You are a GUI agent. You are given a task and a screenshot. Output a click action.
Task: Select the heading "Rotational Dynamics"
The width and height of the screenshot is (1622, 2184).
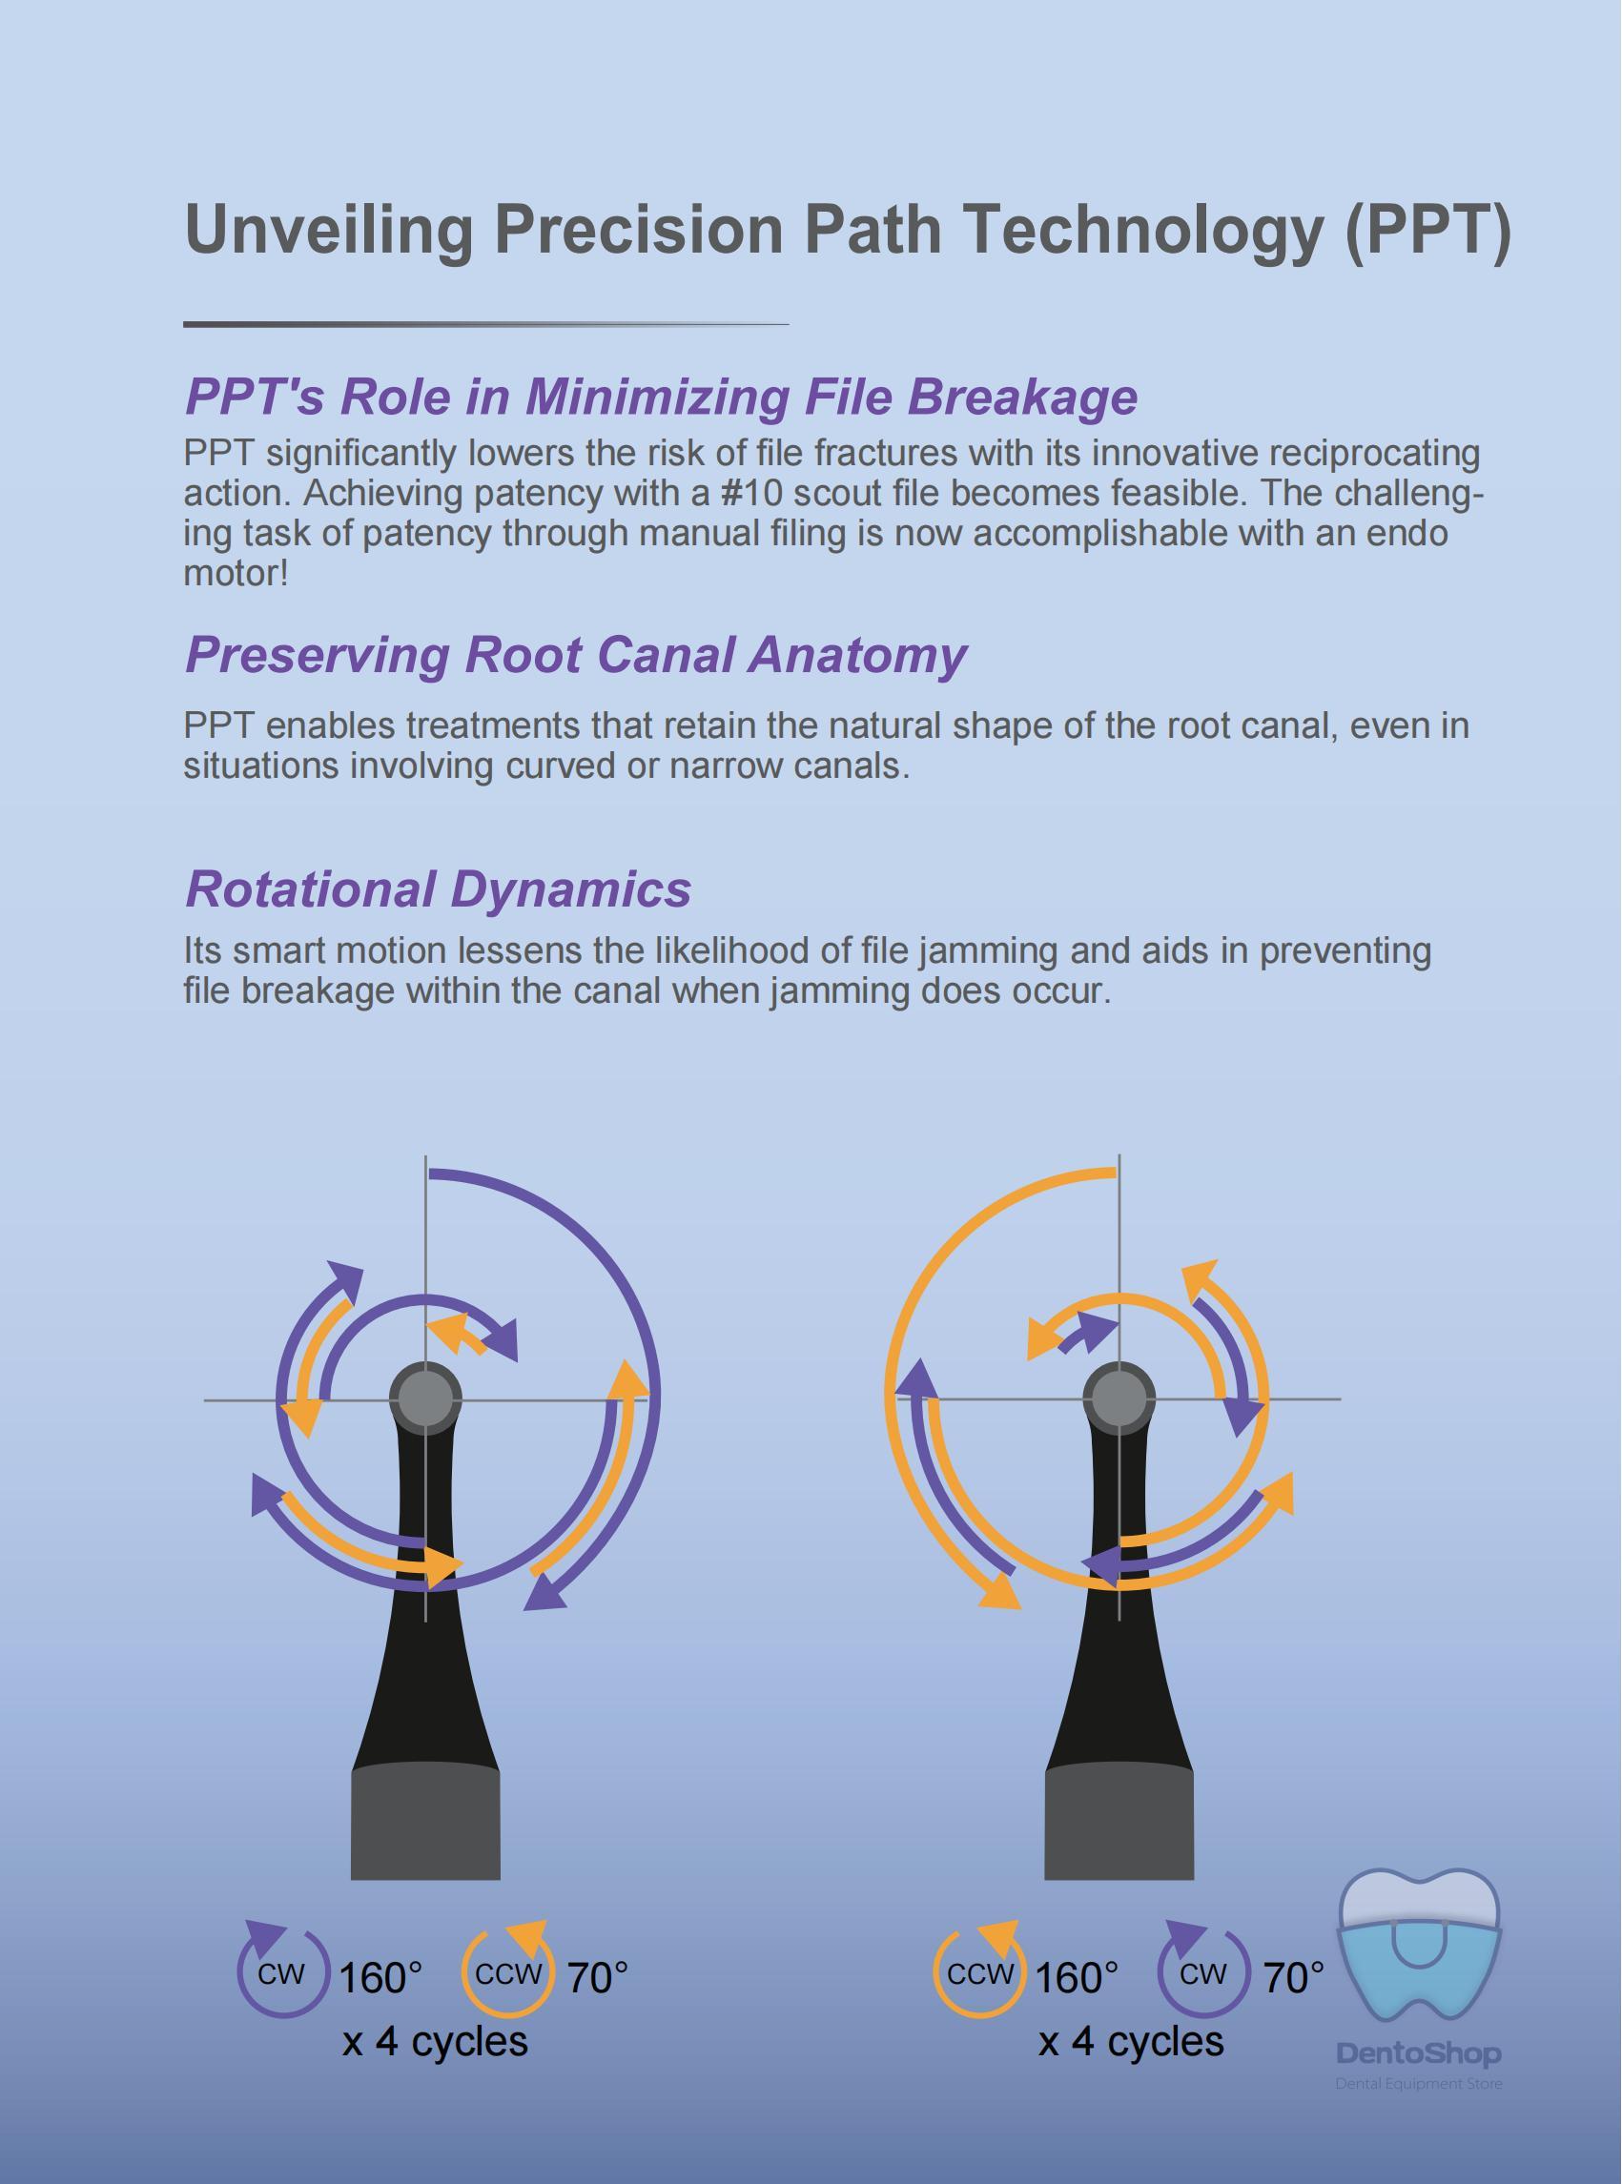click(x=438, y=888)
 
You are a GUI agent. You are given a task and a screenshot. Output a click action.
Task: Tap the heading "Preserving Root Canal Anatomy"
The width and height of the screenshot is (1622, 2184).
click(x=575, y=655)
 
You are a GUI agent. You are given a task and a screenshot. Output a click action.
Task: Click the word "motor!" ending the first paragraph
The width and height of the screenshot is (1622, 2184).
click(x=236, y=572)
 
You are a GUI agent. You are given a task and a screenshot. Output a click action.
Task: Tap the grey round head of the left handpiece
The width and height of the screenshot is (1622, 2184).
click(x=425, y=1397)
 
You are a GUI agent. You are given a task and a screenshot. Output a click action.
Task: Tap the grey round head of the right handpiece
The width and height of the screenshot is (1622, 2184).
click(x=1119, y=1397)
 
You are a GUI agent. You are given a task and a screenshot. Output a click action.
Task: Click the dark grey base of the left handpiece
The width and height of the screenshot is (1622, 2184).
click(x=425, y=1823)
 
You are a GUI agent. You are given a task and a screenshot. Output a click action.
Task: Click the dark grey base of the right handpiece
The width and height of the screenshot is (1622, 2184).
click(x=1119, y=1823)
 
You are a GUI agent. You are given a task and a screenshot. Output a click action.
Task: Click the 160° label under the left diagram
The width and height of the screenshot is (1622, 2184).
click(x=381, y=1977)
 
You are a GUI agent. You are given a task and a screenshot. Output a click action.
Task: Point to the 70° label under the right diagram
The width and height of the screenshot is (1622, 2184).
click(x=1293, y=1977)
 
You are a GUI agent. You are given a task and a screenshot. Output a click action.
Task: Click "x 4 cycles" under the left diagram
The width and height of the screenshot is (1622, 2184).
click(x=435, y=2042)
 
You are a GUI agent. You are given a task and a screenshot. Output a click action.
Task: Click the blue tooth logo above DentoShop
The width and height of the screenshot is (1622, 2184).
click(x=1421, y=1946)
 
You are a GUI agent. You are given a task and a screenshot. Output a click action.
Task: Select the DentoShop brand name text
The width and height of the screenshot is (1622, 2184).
click(x=1419, y=2052)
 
